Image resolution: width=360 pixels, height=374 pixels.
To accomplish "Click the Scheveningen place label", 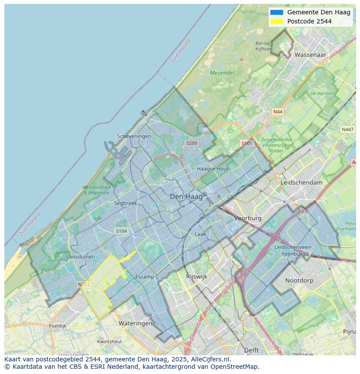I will point(134,136).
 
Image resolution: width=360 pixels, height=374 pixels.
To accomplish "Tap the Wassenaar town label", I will point(310,55).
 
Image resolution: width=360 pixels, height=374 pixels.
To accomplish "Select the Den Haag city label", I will point(186,197).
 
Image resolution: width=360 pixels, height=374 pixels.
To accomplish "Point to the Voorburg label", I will point(248,218).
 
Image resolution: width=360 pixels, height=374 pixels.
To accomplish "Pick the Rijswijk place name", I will point(197,276).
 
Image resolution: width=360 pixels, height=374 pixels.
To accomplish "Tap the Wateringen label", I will point(135,323).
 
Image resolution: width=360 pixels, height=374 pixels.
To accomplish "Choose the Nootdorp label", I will point(299,281).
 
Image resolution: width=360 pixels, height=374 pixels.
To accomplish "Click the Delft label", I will point(251,350).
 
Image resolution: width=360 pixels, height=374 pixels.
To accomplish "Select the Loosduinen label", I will point(80,257).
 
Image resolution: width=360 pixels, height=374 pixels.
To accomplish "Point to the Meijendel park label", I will point(222,73).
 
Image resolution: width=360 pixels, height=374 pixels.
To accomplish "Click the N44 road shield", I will point(277,112).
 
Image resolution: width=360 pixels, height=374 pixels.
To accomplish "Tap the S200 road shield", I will point(191,143).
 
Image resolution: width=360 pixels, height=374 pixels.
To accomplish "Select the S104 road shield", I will point(121,231).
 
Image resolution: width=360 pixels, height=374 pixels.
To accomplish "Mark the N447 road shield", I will point(347,129).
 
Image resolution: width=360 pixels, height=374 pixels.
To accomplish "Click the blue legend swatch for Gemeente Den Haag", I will point(277,12).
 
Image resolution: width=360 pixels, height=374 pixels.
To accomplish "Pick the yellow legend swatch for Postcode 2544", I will point(277,21).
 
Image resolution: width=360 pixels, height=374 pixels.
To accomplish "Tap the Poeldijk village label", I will point(57,326).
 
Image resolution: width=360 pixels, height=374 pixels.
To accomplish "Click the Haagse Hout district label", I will point(213,169).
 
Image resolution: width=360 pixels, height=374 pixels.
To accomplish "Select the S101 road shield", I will point(247,143).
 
